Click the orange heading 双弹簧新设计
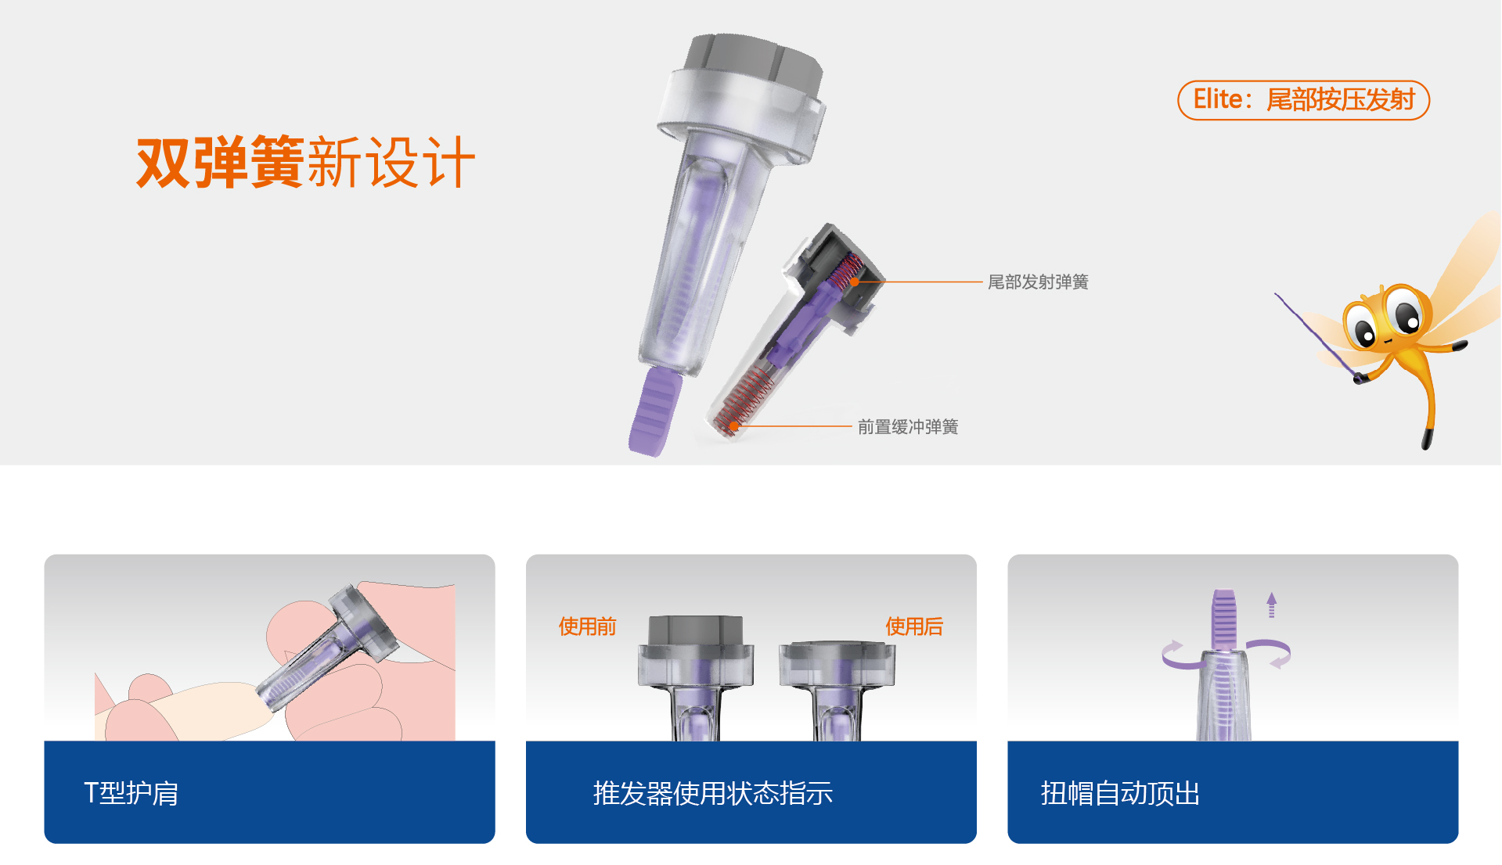(x=306, y=162)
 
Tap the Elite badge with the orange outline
(x=1303, y=100)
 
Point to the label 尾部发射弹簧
(x=1038, y=282)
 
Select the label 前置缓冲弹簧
(x=908, y=426)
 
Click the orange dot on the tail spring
(x=855, y=282)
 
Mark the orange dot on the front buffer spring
(x=733, y=426)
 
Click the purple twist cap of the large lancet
(x=654, y=411)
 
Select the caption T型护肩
(x=131, y=793)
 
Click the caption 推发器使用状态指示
(x=712, y=793)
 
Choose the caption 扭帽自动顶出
(x=1120, y=793)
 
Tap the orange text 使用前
(x=587, y=626)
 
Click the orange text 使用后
(x=913, y=626)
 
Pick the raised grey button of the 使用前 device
(x=696, y=630)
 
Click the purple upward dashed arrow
(x=1271, y=605)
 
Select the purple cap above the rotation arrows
(x=1223, y=619)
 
